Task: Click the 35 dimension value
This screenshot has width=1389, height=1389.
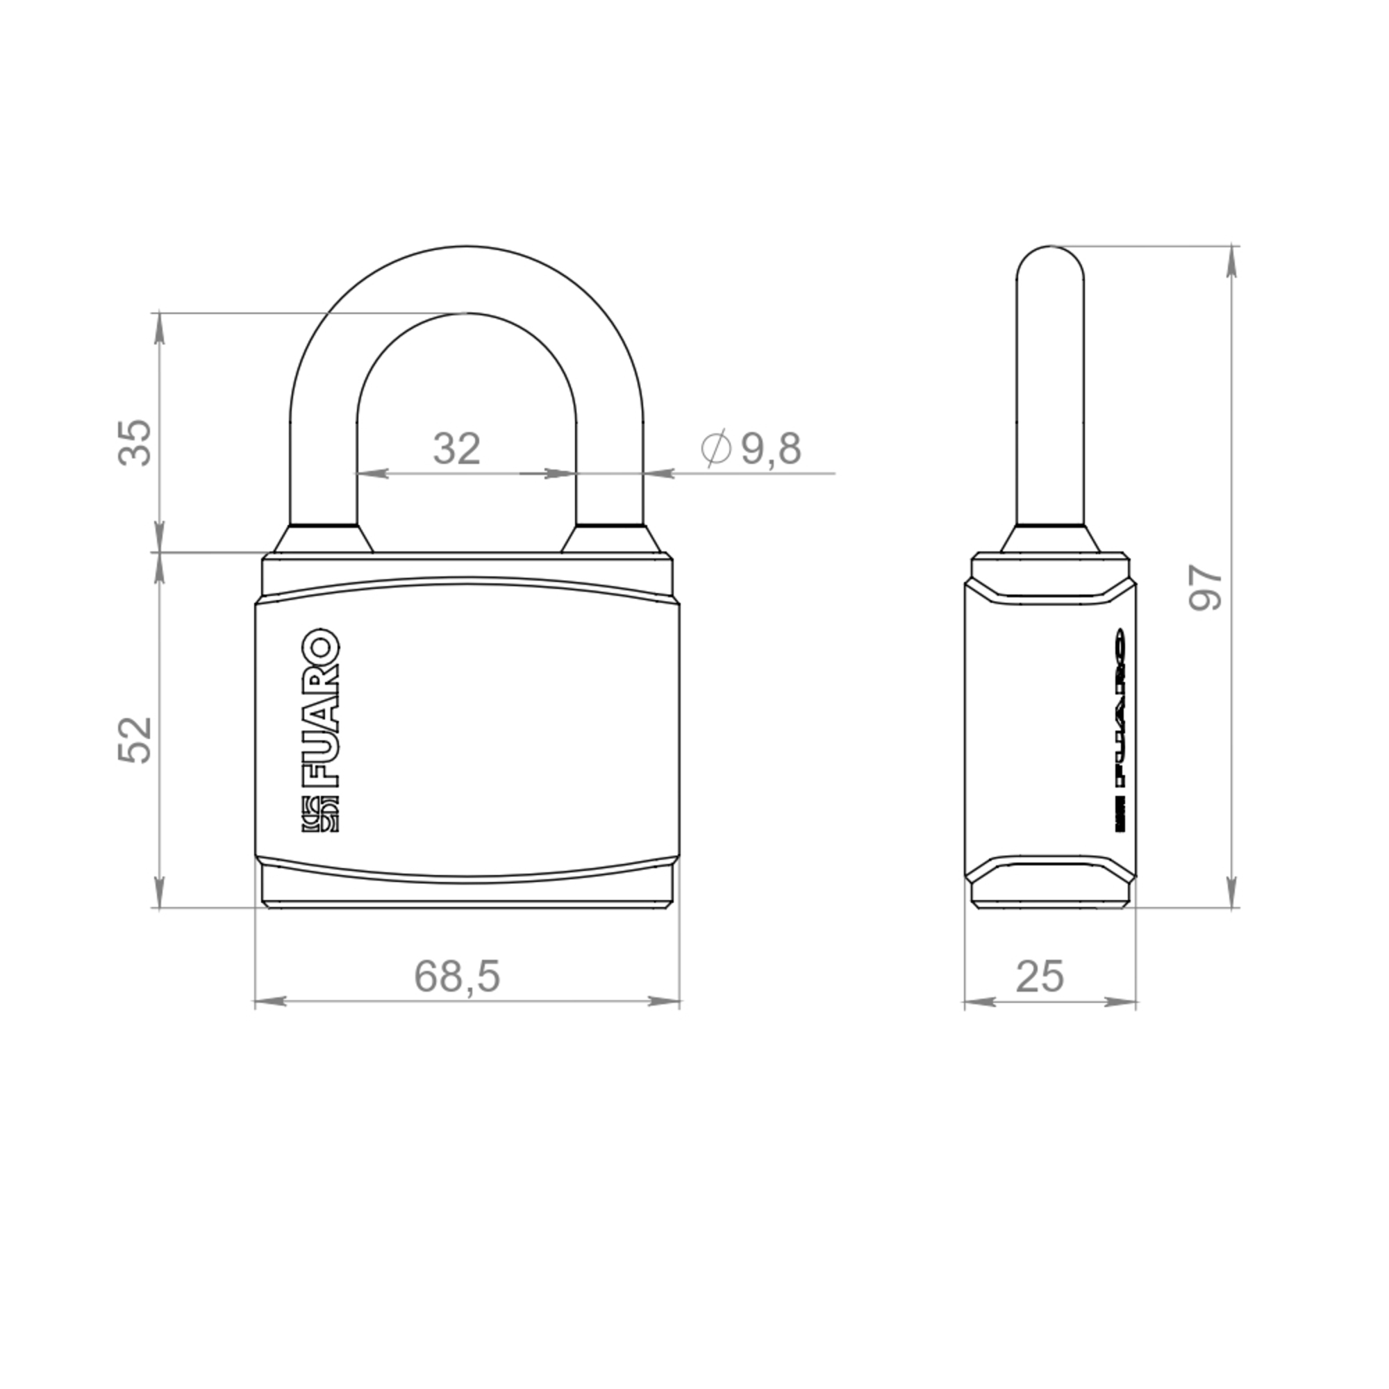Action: coord(135,442)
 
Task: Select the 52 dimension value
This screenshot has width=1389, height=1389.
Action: coord(135,740)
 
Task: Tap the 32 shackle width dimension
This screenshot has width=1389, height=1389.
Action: coord(456,449)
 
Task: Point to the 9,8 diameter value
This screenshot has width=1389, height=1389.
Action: coord(771,449)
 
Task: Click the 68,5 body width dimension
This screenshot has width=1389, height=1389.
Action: coord(456,976)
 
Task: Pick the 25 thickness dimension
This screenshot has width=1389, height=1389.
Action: coord(1040,976)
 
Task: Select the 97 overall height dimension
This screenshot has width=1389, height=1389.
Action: coord(1206,588)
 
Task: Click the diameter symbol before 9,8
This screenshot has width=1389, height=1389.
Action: coord(716,448)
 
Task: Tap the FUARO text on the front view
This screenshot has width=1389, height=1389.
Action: coord(319,709)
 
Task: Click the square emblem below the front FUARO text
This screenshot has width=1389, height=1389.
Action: coord(319,815)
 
